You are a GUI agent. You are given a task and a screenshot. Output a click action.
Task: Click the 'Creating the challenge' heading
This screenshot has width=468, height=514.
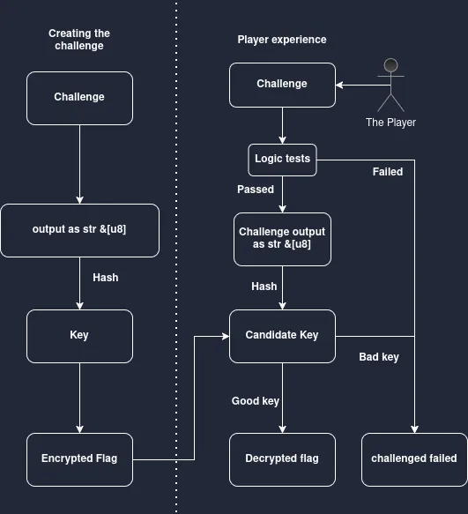coord(79,40)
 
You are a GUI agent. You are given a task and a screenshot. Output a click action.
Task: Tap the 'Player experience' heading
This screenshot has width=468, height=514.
coord(282,40)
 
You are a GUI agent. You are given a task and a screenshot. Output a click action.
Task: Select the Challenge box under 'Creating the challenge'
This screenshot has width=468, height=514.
coord(79,97)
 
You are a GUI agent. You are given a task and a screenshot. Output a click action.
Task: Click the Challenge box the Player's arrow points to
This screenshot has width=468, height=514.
coord(282,85)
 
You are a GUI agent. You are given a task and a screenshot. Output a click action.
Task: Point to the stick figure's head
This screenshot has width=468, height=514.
coord(390,65)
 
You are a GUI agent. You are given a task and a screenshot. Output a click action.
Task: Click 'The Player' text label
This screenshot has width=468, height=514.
coord(390,123)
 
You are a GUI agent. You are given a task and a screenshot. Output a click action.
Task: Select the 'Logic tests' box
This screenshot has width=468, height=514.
coord(282,159)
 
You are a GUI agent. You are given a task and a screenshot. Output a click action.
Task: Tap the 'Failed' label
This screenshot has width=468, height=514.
coord(388,172)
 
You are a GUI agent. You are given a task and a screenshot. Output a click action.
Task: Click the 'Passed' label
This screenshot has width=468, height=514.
coord(256,190)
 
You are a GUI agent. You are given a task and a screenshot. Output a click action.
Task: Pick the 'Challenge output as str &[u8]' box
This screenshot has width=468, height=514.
coord(282,238)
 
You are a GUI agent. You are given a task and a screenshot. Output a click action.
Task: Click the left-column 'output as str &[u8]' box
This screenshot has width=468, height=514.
coord(79,229)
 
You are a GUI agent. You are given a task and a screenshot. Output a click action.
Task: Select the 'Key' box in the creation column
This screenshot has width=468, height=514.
coord(79,335)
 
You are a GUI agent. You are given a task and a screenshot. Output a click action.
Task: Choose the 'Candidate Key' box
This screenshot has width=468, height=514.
coord(282,335)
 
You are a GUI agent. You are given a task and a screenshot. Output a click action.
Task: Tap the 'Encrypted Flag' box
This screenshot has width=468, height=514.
coord(79,458)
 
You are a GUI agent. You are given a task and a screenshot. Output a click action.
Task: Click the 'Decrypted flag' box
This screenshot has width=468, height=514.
coord(282,458)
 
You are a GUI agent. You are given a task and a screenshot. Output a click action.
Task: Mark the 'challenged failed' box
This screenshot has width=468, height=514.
coord(414,458)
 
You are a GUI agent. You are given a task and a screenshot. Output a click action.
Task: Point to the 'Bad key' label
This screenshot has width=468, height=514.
coord(379,357)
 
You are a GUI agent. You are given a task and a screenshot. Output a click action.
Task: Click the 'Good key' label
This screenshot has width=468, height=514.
coord(256,401)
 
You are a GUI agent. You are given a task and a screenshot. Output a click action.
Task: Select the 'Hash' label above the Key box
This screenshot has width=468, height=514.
coord(106,278)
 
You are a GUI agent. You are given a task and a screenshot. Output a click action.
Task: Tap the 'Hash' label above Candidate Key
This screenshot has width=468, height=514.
coord(264,287)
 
